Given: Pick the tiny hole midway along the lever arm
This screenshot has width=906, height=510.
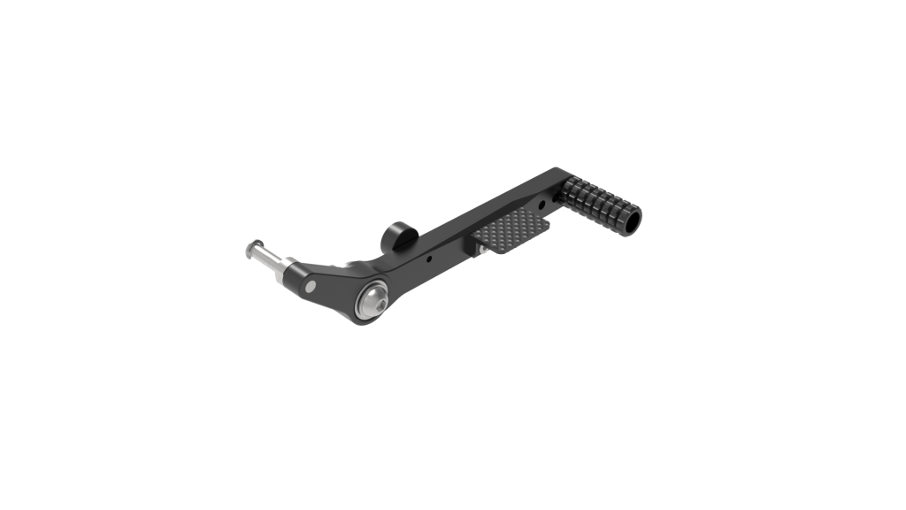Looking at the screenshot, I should (x=429, y=260).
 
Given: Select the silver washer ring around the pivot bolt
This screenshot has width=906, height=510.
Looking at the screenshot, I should (x=364, y=306).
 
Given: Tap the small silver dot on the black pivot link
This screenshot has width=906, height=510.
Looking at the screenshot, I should (x=311, y=286).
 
